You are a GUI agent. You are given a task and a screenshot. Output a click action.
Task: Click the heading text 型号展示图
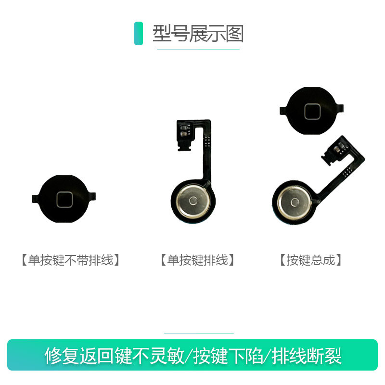(198, 34)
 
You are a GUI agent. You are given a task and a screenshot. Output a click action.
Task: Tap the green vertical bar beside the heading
(139, 34)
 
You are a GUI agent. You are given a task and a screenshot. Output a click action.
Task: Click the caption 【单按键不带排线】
(70, 260)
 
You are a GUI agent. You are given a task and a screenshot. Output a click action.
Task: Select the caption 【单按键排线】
(198, 260)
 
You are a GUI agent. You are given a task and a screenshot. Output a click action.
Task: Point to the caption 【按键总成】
(310, 260)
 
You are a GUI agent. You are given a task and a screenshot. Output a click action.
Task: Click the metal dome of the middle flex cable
(192, 200)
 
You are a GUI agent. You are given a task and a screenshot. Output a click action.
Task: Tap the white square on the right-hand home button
(311, 111)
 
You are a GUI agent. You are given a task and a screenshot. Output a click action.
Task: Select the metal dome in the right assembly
(294, 201)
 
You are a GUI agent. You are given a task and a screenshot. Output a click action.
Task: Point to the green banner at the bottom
(192, 355)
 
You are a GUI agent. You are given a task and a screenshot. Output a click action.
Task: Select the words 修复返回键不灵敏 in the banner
(115, 356)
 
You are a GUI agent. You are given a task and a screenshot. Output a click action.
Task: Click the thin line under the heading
(198, 50)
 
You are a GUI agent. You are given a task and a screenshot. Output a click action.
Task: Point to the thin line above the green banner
(199, 333)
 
